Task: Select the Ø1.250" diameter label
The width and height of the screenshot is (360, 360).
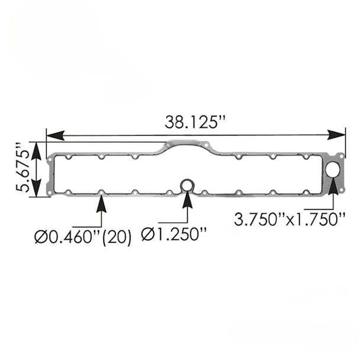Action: [x=174, y=235]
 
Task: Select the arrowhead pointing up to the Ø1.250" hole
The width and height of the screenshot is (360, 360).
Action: [x=188, y=200]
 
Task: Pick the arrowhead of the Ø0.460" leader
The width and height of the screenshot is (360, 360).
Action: [x=101, y=203]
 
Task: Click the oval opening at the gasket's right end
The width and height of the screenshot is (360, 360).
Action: [x=333, y=170]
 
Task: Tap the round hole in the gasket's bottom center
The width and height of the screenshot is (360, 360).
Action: [x=188, y=185]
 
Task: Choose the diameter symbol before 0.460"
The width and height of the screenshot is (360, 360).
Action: [x=41, y=238]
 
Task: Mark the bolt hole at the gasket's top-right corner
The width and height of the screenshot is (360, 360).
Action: [x=341, y=156]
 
